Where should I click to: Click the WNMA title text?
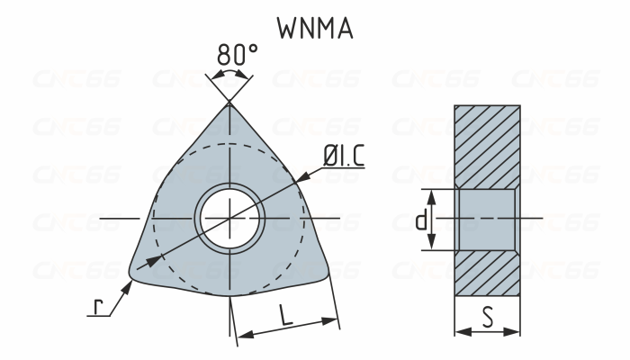[x=315, y=27]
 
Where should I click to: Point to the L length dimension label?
[x=285, y=315]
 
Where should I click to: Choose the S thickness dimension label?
[x=488, y=317]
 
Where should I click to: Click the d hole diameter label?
[x=421, y=220]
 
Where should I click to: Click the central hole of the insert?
[x=230, y=219]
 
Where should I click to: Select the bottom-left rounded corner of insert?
[x=135, y=270]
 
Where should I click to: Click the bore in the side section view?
[x=487, y=220]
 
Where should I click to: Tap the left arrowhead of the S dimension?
[x=460, y=332]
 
